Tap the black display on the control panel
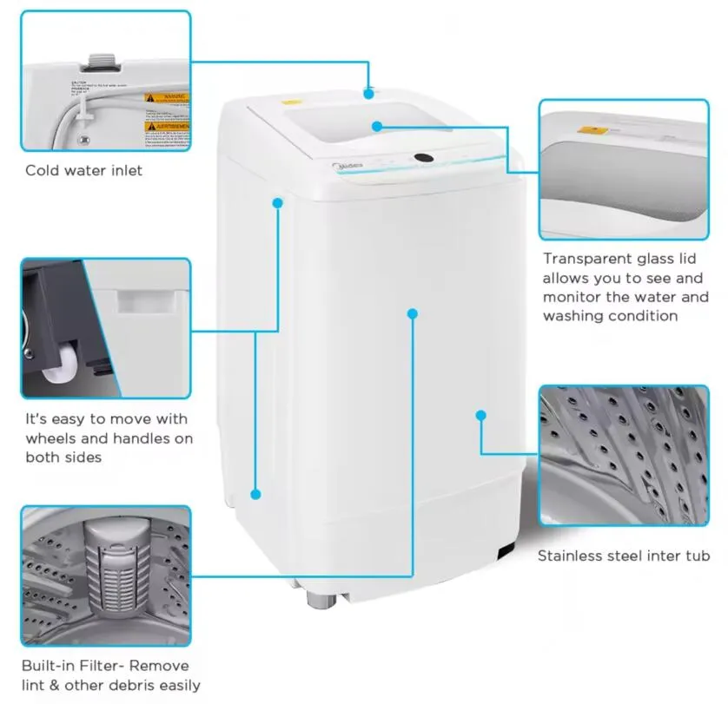[425, 158]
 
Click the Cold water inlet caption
[83, 170]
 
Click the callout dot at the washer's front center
[412, 313]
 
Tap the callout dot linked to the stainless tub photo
[480, 416]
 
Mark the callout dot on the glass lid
[377, 126]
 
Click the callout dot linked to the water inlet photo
[369, 93]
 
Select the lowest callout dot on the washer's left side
[255, 494]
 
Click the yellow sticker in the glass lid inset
[592, 132]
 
